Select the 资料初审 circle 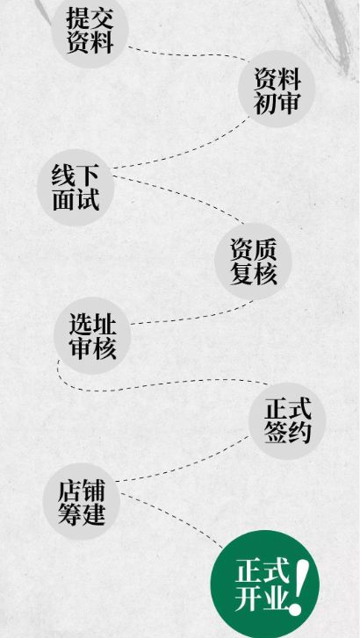[277, 89]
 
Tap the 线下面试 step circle [76, 188]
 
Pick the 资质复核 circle [253, 262]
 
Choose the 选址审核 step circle [92, 336]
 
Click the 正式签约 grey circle [287, 420]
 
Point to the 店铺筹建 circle [82, 501]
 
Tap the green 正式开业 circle [264, 584]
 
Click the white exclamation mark [300, 586]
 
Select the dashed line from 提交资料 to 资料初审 [187, 54]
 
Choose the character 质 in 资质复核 [265, 249]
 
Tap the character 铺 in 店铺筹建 [93, 491]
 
